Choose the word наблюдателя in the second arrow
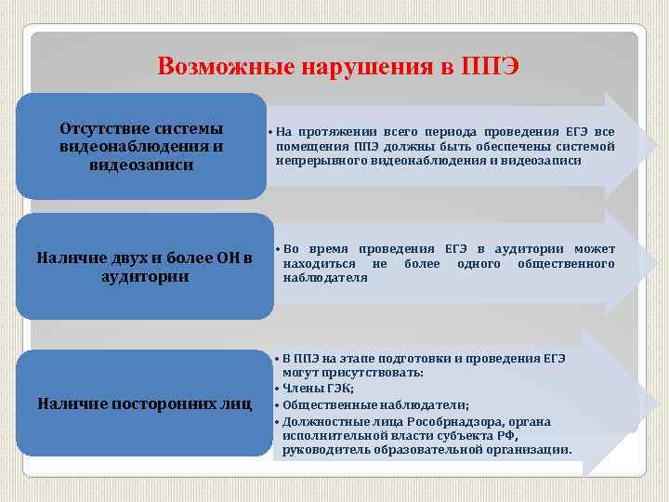point(325,278)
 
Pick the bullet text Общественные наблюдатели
point(375,404)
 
